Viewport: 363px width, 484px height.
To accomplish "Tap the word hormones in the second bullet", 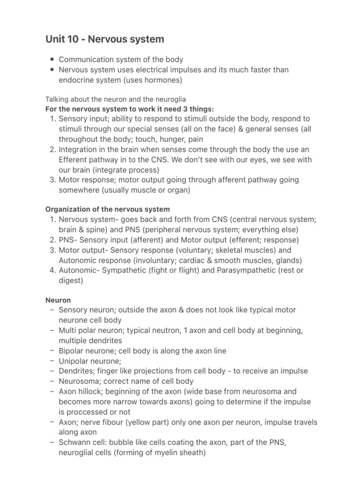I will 163,80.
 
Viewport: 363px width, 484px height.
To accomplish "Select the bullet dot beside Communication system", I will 51,60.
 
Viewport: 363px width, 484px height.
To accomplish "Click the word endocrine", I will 78,80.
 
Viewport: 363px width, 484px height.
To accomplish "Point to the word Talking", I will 57,99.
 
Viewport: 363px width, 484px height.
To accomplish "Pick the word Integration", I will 80,149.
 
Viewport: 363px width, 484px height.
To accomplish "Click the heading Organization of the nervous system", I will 108,209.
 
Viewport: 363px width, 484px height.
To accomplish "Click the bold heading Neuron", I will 58,300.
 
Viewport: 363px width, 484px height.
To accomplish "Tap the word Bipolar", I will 72,351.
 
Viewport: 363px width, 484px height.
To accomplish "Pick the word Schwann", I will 75,442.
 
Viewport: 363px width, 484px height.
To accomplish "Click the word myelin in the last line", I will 156,453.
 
